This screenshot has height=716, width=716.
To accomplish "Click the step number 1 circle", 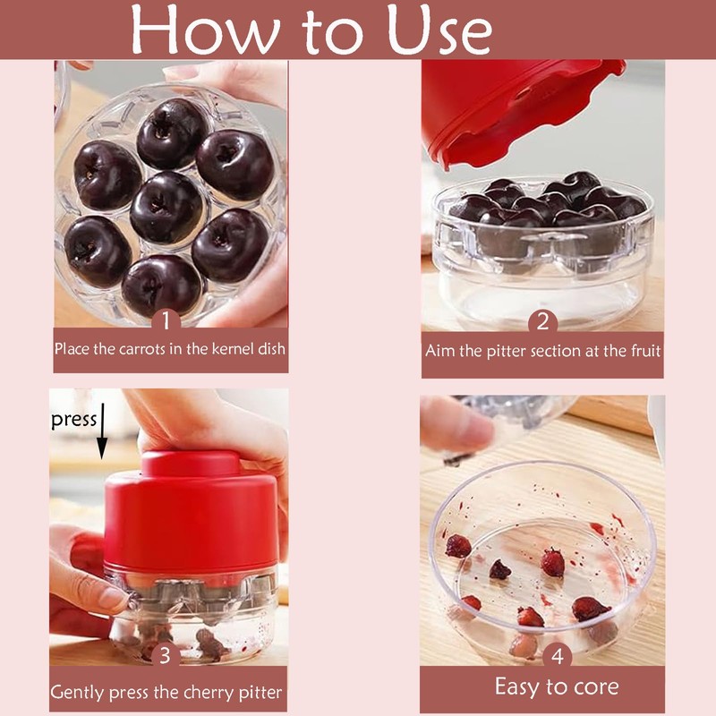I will (x=165, y=320).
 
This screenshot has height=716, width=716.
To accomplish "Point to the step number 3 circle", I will (x=165, y=654).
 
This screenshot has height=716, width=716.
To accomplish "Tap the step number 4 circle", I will (x=557, y=656).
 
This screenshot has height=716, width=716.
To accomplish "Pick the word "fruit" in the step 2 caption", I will (x=643, y=350).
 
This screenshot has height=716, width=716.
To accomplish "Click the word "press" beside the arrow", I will (x=73, y=420).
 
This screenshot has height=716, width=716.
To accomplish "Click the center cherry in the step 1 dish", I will (x=166, y=207).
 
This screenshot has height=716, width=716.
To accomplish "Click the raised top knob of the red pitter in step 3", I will (x=191, y=463).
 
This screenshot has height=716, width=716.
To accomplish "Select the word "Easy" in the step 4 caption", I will (x=520, y=687).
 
